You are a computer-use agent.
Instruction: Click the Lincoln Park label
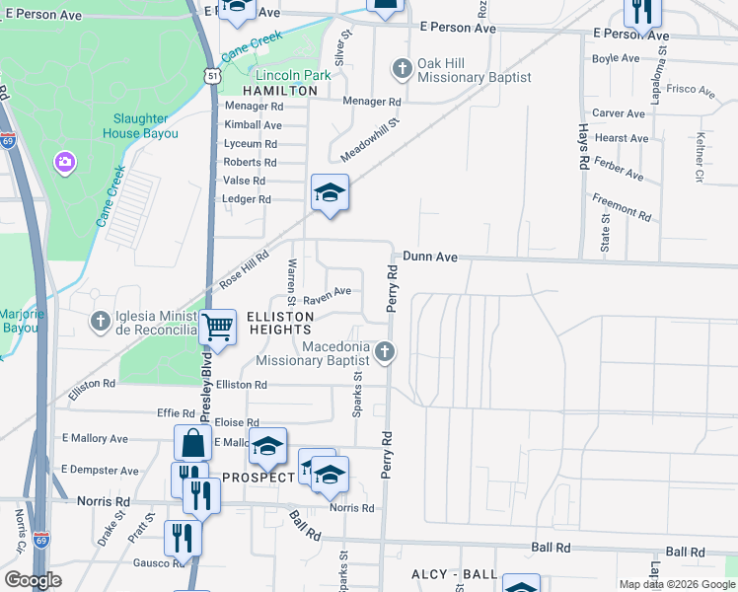[293, 75]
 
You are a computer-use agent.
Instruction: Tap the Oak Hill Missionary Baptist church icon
[401, 69]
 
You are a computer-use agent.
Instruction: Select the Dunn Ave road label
[429, 257]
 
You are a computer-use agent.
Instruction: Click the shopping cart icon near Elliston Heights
[217, 327]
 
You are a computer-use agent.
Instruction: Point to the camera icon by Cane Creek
[65, 160]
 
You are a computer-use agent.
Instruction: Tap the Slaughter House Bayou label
[139, 125]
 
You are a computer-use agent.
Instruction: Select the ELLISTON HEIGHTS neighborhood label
[279, 322]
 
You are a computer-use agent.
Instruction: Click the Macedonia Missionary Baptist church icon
[386, 350]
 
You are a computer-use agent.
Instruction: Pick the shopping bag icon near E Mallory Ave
[192, 443]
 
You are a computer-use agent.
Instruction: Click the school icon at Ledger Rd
[330, 192]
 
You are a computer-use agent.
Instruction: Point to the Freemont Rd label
[622, 206]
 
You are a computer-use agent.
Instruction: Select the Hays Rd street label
[583, 146]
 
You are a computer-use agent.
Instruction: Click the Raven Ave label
[327, 293]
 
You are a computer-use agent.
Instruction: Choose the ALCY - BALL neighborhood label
[454, 574]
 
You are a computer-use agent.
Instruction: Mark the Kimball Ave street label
[253, 125]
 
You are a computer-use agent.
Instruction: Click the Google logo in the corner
[33, 580]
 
